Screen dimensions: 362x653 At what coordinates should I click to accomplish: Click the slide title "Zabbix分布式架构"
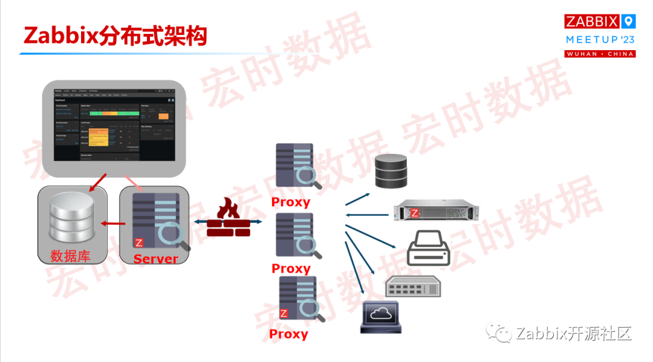(115, 36)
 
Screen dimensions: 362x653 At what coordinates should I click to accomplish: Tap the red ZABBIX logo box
(592, 22)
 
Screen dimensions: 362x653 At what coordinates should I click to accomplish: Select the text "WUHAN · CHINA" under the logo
(600, 54)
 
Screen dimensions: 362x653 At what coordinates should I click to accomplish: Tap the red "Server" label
(156, 259)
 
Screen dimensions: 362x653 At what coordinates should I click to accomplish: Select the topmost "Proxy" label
(290, 202)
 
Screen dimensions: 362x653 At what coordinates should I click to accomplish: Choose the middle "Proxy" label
(291, 268)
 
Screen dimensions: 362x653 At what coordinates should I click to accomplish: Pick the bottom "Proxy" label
(288, 334)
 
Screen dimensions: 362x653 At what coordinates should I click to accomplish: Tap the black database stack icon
(391, 170)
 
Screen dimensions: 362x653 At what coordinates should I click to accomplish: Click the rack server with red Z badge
(435, 212)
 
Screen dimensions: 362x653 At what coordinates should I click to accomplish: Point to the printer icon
(429, 249)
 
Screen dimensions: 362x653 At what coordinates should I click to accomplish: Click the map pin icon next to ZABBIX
(629, 22)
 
